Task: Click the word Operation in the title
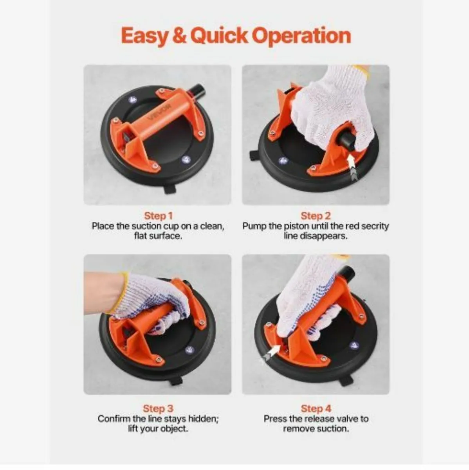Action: (301, 36)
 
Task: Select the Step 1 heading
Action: (158, 216)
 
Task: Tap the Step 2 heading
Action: (316, 216)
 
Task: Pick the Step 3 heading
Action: (158, 409)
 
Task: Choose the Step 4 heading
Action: (316, 409)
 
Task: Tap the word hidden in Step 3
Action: (203, 419)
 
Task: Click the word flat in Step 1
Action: (140, 236)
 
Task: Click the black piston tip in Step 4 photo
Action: (347, 271)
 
